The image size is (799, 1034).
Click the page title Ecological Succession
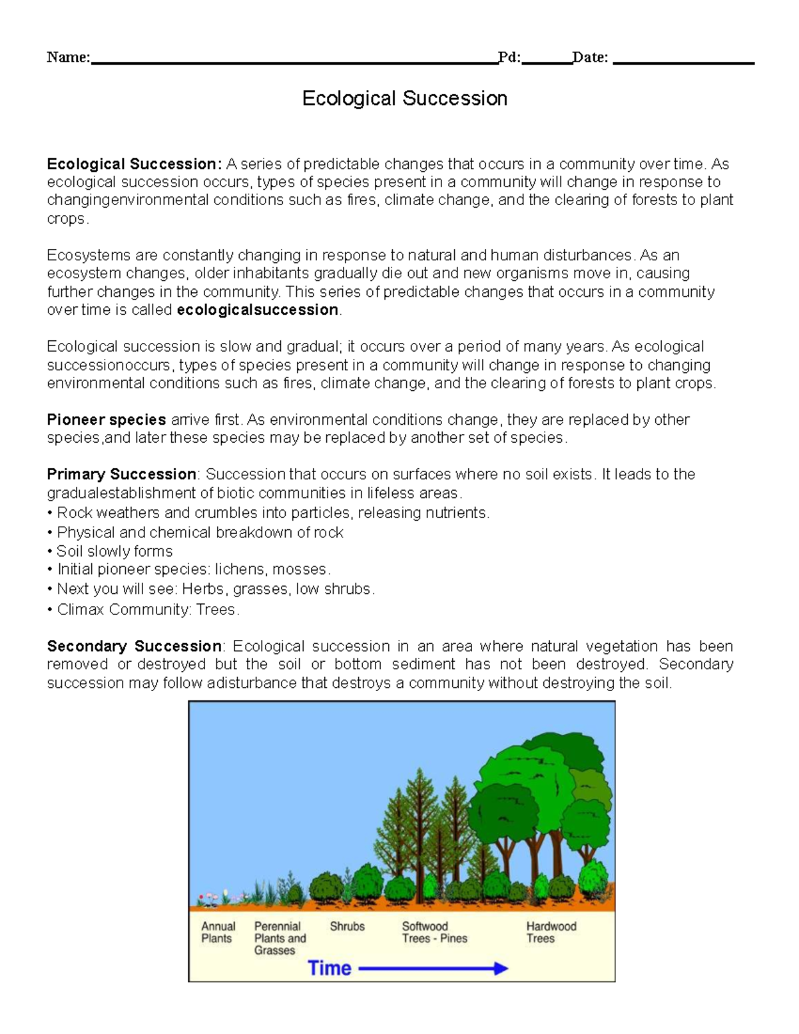(404, 99)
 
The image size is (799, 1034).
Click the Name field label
(68, 57)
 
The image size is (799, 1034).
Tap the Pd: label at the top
(509, 57)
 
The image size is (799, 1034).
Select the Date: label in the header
(590, 57)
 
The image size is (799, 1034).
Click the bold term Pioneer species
(106, 419)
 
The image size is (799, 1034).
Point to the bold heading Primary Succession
(121, 474)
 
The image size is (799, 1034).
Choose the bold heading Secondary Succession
(134, 646)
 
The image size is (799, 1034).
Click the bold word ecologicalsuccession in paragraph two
(258, 310)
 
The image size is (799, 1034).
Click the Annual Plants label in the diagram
(218, 932)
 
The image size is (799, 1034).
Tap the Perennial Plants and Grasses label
(280, 938)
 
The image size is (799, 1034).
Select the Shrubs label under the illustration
(347, 926)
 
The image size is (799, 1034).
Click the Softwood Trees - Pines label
(434, 932)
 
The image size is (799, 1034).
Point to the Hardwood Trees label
(551, 932)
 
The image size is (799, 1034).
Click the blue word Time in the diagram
(330, 968)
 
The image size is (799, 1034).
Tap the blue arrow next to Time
(433, 969)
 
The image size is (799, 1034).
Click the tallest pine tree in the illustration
(419, 826)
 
